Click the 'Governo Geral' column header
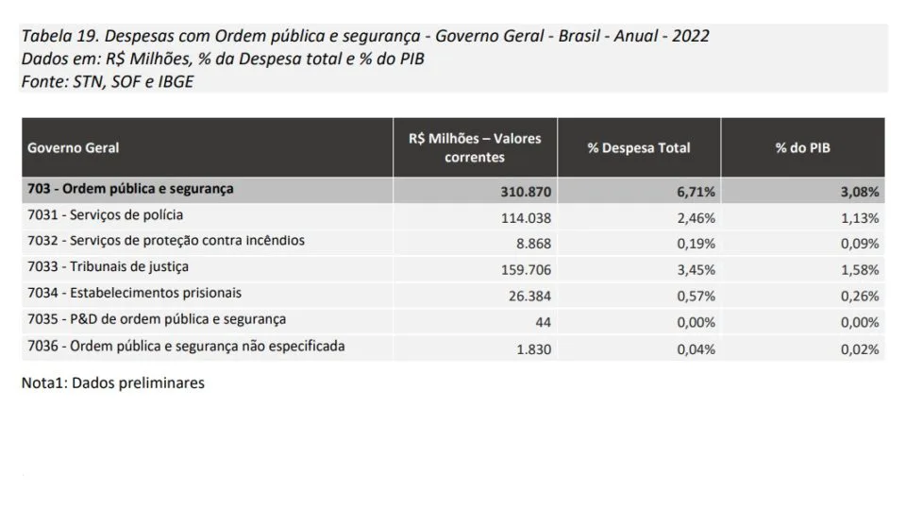click(73, 148)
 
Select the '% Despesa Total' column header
click(639, 148)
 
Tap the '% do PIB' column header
click(802, 148)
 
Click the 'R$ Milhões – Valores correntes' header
click(475, 147)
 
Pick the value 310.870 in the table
click(526, 192)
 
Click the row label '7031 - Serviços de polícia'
click(105, 215)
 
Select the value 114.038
click(526, 218)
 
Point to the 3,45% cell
click(696, 270)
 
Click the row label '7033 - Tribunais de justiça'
click(108, 266)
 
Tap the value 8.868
click(534, 244)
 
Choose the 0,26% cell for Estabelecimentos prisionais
click(860, 296)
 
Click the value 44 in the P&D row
click(544, 322)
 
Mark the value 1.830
click(534, 349)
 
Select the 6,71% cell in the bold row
click(696, 192)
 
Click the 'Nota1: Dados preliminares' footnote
click(112, 382)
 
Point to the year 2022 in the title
click(691, 36)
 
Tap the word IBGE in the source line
click(176, 81)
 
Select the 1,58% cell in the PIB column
click(860, 270)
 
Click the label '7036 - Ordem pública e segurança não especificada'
click(186, 347)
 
